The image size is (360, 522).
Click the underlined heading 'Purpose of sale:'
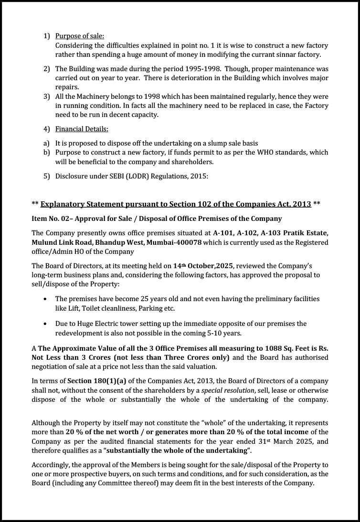point(80,36)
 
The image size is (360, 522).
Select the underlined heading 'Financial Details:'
point(82,129)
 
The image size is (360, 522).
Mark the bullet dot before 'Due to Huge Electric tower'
point(45,324)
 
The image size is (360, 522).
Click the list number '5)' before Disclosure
point(47,176)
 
